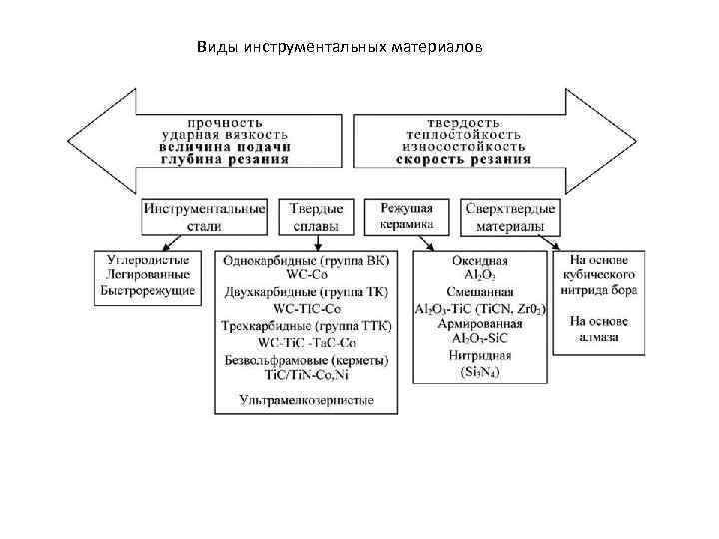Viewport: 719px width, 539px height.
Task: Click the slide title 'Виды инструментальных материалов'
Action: [339, 47]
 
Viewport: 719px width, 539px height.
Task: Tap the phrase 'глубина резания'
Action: [226, 158]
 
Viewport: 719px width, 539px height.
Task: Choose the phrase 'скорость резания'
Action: [463, 158]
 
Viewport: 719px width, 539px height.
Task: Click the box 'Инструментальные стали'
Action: [205, 217]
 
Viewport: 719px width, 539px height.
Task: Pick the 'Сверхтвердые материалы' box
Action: [510, 217]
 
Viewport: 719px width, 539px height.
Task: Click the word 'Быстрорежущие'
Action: [148, 290]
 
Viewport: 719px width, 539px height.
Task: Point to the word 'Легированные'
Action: [148, 274]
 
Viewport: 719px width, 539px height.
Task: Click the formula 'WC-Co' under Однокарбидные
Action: [306, 275]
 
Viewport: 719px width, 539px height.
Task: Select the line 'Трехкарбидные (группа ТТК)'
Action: [306, 325]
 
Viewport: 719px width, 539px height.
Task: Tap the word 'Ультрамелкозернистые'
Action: [306, 400]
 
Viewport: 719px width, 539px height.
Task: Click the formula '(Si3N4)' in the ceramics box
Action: [481, 372]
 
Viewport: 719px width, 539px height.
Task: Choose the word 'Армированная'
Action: [481, 324]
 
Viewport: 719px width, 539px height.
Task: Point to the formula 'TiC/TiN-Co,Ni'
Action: [306, 375]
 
